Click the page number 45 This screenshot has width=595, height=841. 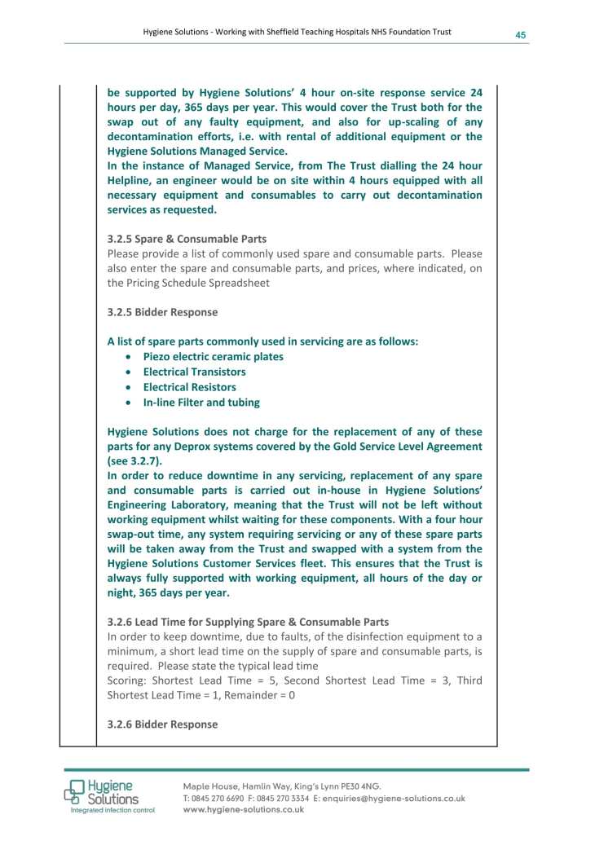coord(520,34)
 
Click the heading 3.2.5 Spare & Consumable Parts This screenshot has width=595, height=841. coord(187,240)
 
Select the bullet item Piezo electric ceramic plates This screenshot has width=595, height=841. coord(213,356)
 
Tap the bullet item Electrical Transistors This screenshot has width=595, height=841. coord(194,372)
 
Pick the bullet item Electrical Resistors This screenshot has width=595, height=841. coord(189,387)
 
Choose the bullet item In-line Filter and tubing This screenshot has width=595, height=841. coord(201,403)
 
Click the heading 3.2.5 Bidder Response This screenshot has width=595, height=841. coord(162,312)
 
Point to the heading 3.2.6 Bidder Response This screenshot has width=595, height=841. coord(162,724)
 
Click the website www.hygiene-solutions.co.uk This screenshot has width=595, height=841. coord(244,810)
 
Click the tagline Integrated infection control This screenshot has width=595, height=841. coord(112,811)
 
